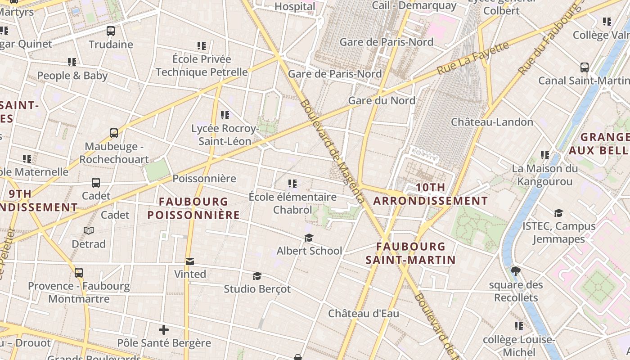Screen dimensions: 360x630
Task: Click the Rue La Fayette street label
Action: (x=473, y=58)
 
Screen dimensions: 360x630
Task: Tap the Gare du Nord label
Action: (x=382, y=100)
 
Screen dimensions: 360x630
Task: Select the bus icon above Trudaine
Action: (x=111, y=31)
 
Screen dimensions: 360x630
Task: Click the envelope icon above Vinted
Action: (x=190, y=261)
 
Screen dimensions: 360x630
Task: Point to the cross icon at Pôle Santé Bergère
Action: (x=164, y=330)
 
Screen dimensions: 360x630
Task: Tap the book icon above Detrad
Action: (x=89, y=231)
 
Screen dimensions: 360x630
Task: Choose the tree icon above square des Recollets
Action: (x=515, y=271)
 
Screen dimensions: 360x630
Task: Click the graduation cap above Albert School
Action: (x=309, y=238)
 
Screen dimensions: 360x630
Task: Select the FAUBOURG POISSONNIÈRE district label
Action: (x=193, y=208)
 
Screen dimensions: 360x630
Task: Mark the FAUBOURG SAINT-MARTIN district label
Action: (x=410, y=253)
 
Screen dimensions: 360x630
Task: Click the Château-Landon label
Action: (x=492, y=122)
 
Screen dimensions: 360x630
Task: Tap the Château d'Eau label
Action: (x=363, y=314)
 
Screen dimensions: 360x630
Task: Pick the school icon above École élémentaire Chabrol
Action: (x=292, y=184)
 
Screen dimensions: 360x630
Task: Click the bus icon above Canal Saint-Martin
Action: (x=584, y=67)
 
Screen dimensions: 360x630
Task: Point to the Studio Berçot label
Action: (x=257, y=289)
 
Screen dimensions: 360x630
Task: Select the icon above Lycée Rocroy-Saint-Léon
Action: (x=225, y=115)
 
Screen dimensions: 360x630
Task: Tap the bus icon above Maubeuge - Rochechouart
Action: (x=114, y=133)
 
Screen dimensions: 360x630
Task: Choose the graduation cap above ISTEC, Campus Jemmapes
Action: (x=558, y=213)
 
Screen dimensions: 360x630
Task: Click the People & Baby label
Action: (x=72, y=76)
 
